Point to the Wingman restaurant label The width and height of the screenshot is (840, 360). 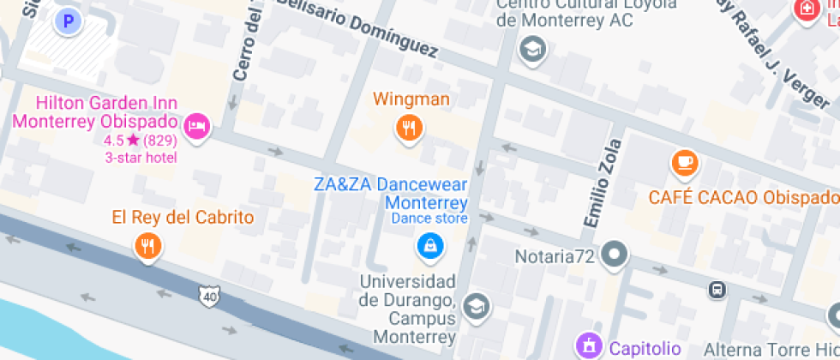411,99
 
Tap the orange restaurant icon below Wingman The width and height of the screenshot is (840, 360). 410,129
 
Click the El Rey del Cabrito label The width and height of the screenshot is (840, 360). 183,218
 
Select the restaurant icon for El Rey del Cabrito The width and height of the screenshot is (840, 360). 148,247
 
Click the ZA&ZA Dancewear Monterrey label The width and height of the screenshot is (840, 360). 391,194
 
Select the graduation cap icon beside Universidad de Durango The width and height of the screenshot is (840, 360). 474,305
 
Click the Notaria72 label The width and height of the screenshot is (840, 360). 555,255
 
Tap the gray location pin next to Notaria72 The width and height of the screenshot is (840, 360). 614,254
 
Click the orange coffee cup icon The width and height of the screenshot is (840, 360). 683,161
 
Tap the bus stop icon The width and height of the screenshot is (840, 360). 717,290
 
